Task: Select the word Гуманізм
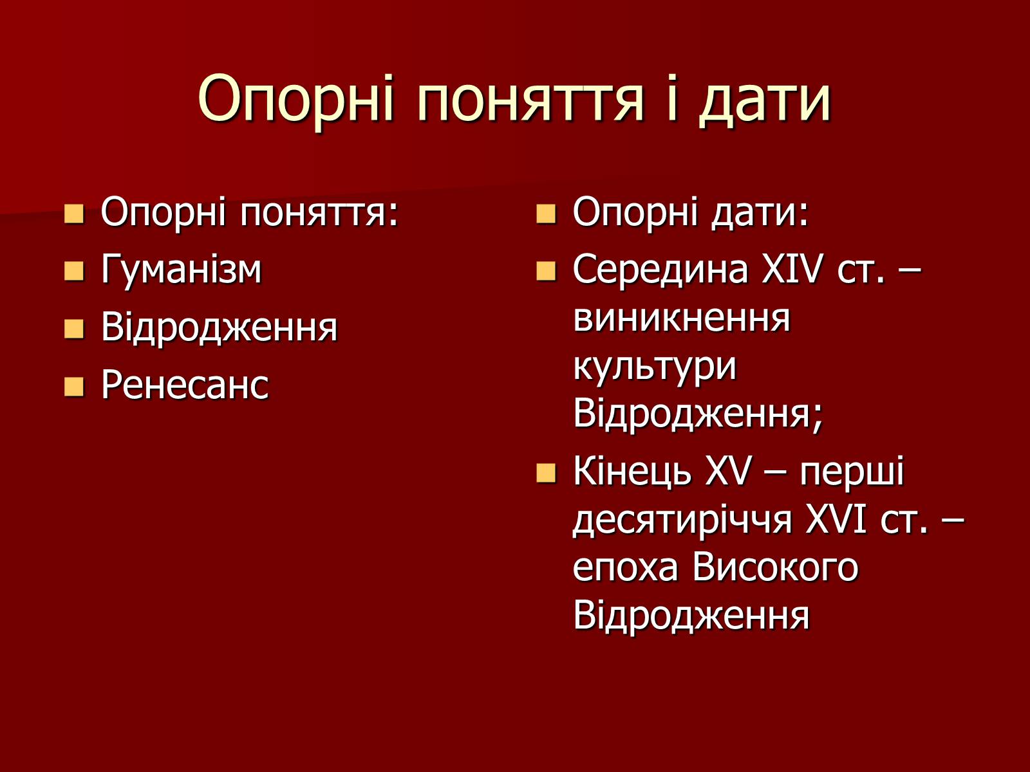click(181, 270)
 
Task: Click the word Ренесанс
click(185, 385)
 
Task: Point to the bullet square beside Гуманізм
click(74, 271)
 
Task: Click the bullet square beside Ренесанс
click(74, 387)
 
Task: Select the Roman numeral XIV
click(792, 270)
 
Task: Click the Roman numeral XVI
click(836, 520)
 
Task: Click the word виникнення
click(682, 318)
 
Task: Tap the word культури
click(655, 369)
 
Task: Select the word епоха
click(626, 569)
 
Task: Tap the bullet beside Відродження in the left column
click(74, 329)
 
